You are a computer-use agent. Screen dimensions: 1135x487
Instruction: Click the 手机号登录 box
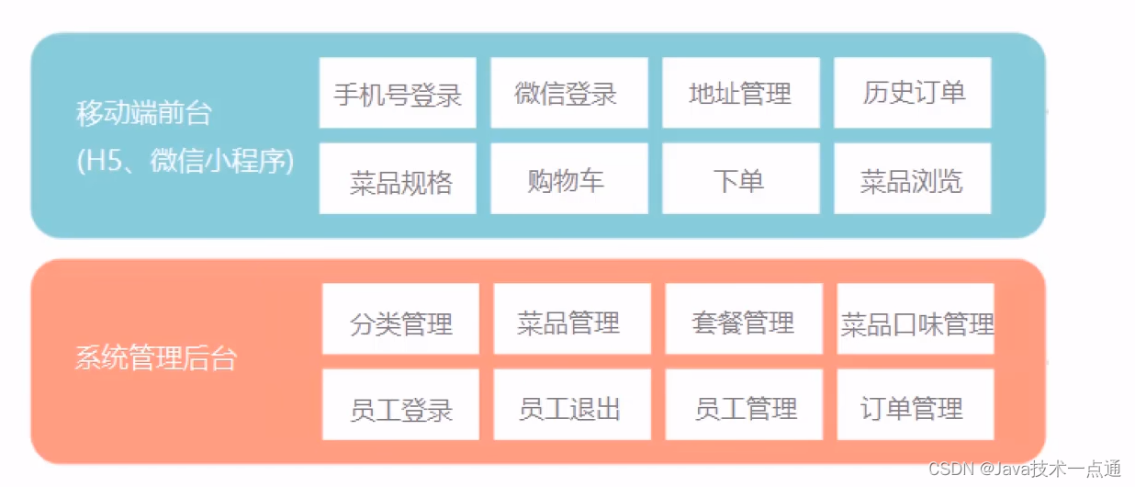coord(398,93)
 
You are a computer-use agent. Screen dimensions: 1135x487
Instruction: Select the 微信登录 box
coord(568,93)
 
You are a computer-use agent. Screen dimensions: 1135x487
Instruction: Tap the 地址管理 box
coord(740,93)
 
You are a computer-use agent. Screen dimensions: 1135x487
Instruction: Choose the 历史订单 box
coord(912,93)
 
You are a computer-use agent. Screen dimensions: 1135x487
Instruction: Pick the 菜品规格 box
coord(398,179)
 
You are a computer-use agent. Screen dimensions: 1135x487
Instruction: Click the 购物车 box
coord(568,179)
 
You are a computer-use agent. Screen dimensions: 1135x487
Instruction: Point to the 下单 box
coord(740,179)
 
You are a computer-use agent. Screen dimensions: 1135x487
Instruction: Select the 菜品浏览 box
coord(912,179)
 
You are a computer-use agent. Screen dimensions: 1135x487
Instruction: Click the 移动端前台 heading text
coord(143,115)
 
